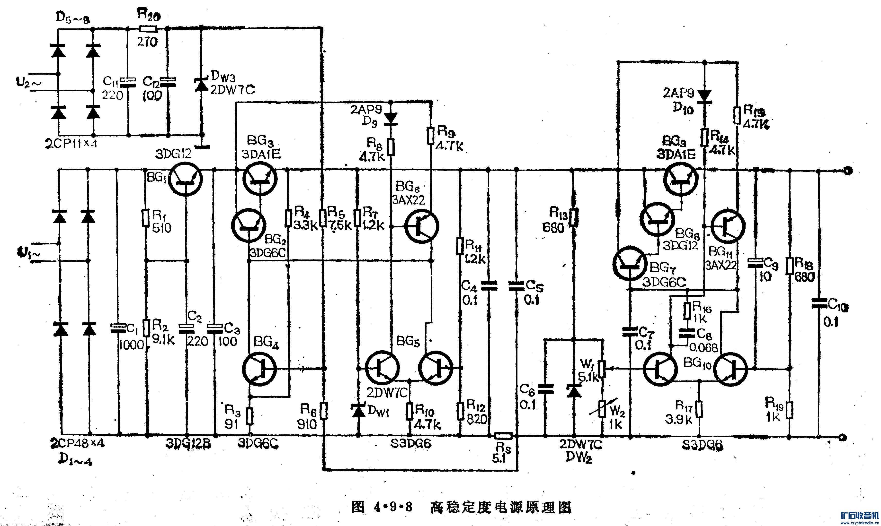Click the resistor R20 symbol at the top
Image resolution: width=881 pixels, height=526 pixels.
point(148,29)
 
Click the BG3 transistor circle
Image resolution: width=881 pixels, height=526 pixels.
point(260,179)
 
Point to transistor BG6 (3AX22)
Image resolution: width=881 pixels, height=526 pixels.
point(422,226)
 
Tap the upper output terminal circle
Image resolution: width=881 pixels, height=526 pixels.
point(847,171)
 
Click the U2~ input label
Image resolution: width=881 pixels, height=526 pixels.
point(28,83)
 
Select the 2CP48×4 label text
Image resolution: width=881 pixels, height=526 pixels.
point(78,443)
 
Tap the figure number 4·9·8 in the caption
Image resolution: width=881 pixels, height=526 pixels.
point(393,507)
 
